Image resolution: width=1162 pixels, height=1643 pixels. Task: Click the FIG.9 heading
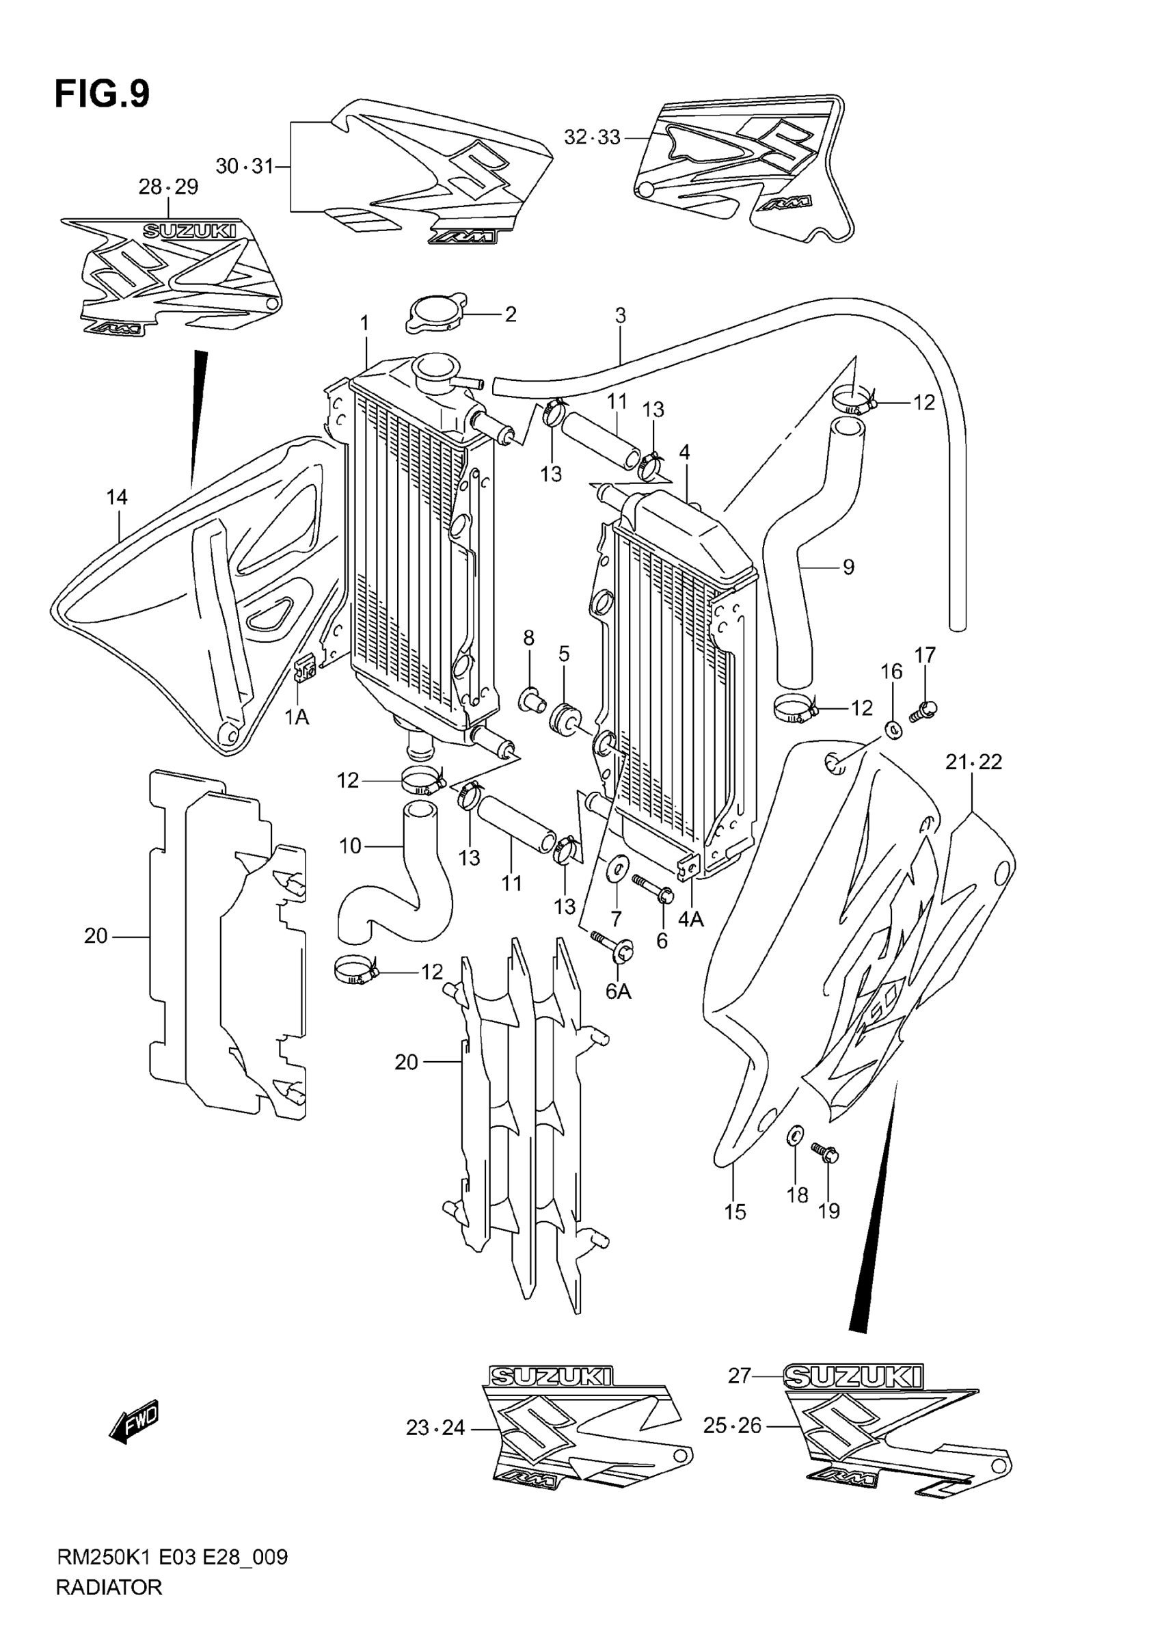point(103,94)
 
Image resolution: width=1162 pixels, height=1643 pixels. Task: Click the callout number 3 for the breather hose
point(621,315)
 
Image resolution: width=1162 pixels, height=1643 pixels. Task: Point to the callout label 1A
point(297,717)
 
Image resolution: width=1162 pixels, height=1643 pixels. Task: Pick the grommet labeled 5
point(565,718)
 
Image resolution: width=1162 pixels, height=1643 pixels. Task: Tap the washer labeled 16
point(892,730)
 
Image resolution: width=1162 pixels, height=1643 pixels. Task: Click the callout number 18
point(797,1194)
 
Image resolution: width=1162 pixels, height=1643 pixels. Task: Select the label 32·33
point(592,137)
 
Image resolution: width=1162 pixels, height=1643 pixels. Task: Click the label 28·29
point(168,187)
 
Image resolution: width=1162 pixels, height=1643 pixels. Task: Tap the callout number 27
point(739,1376)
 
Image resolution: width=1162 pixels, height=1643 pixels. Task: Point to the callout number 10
point(350,846)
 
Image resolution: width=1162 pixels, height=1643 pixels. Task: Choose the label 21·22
point(973,762)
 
